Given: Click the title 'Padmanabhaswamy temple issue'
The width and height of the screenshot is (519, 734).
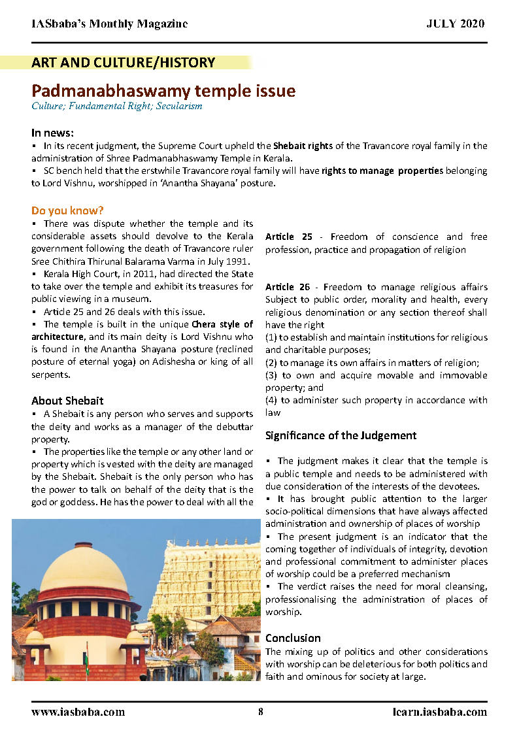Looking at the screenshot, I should pos(163,91).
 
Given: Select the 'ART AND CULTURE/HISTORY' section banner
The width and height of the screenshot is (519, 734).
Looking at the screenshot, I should pos(123,63).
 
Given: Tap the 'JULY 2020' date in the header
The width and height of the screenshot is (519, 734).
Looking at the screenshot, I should pos(456,24).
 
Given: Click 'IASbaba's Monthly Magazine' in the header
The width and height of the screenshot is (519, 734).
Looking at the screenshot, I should pos(109,24).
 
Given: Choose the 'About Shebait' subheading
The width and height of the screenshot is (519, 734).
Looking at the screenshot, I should pos(67,401).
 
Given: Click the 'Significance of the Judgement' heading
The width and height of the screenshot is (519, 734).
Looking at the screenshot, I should pos(341,435).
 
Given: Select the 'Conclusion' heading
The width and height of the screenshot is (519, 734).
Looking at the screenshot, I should pos(293,638).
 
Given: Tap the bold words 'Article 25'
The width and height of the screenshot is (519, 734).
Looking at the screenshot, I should pos(288,237).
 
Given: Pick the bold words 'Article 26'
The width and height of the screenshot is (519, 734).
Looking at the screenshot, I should pos(288,287).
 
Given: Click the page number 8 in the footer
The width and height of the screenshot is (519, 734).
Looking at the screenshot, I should pos(260,712).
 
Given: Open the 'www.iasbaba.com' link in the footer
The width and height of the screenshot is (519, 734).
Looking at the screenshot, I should pos(78,712).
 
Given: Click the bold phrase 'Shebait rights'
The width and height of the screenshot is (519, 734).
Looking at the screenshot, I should pos(303,146).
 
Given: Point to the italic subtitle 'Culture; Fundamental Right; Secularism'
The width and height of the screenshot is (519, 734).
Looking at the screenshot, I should pos(116,106).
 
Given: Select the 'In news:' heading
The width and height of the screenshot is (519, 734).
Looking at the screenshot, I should pos(52,133).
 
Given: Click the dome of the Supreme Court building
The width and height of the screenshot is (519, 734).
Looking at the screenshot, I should pos(84,569).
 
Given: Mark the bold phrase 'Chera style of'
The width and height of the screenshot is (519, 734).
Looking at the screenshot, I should pos(222,324).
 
